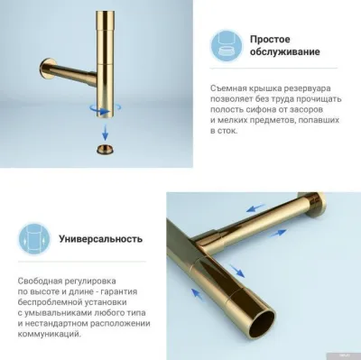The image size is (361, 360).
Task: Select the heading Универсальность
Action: [x=102, y=239]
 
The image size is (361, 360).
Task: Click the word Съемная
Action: [x=227, y=86]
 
